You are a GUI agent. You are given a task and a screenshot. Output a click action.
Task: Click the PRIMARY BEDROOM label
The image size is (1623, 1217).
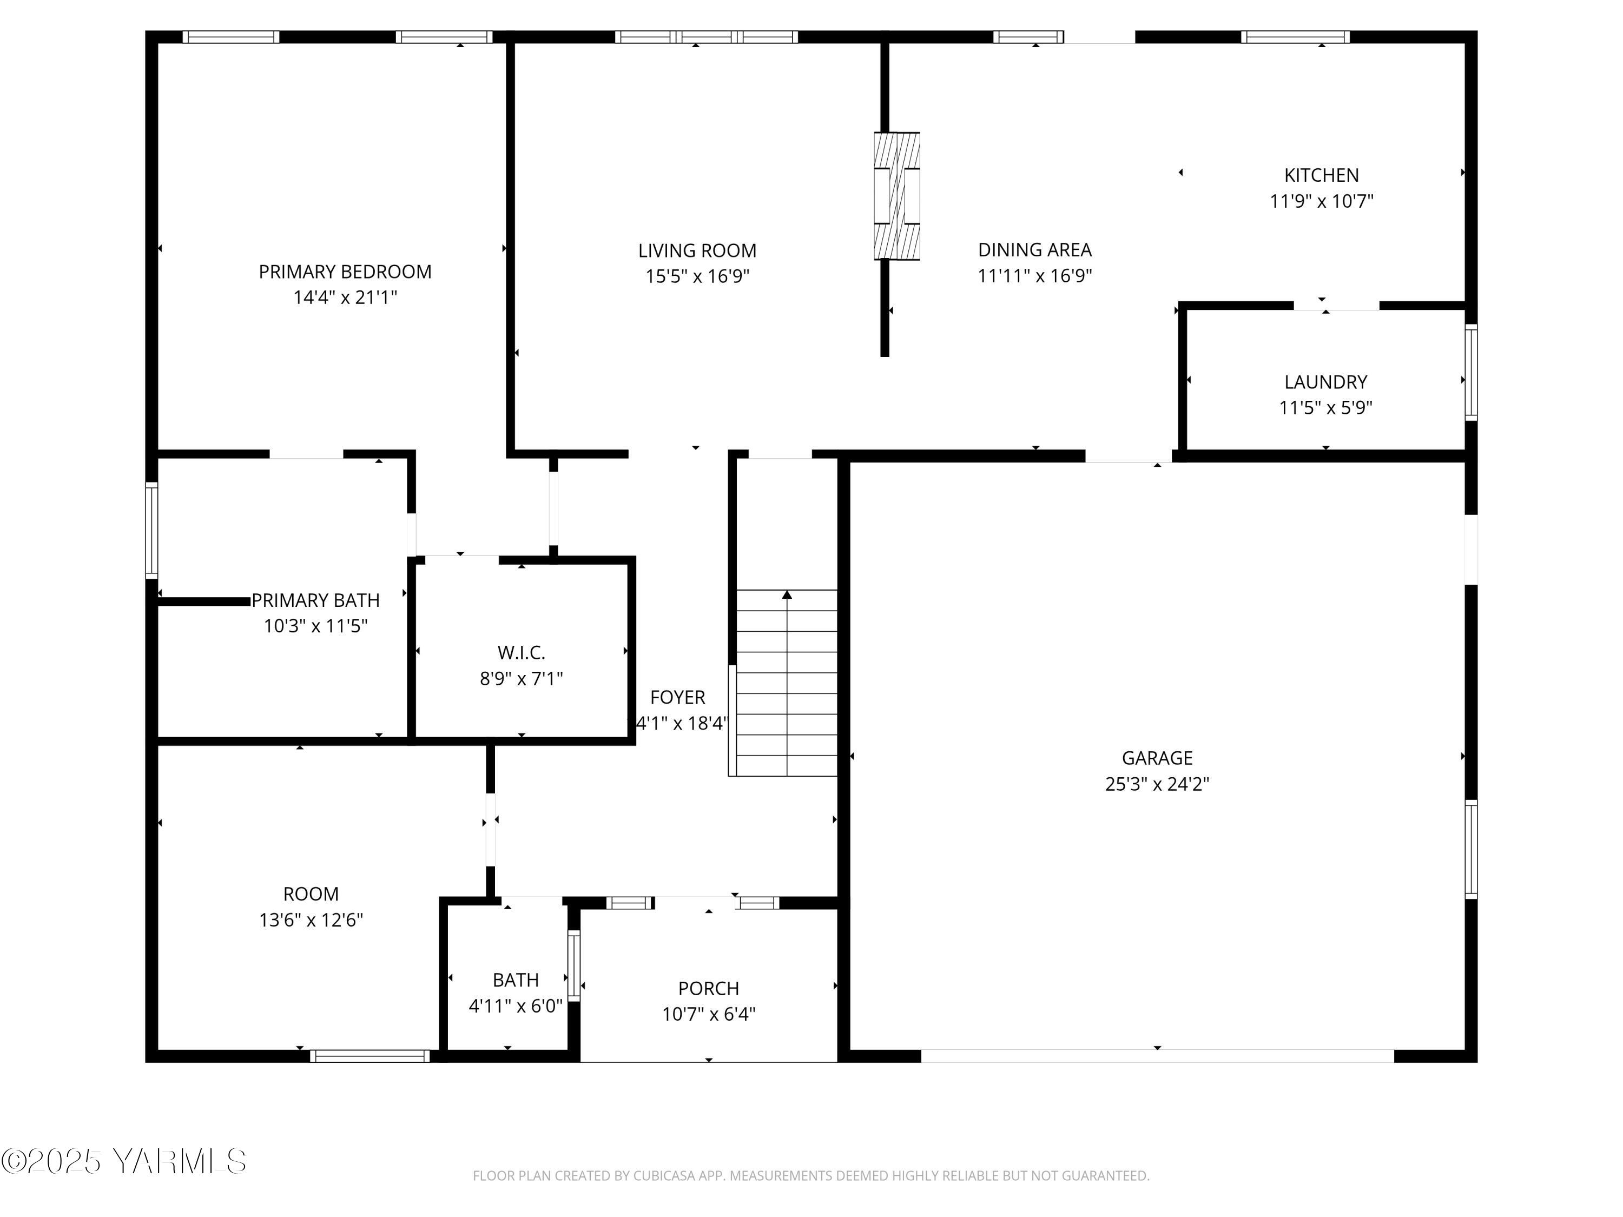pyautogui.click(x=345, y=272)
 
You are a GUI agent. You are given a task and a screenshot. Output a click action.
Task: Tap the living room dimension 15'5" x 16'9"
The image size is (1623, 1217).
pyautogui.click(x=697, y=276)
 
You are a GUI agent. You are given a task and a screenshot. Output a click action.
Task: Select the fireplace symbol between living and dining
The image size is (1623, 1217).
pyautogui.click(x=896, y=196)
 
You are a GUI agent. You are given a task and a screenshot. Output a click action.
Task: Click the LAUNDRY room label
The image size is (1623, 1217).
pyautogui.click(x=1325, y=382)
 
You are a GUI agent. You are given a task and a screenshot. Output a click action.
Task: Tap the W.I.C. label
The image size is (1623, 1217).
pyautogui.click(x=521, y=652)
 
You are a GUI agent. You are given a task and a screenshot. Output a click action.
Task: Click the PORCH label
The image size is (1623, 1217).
pyautogui.click(x=708, y=988)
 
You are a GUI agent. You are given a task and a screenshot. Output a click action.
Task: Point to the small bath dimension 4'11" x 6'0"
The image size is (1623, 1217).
pyautogui.click(x=516, y=1006)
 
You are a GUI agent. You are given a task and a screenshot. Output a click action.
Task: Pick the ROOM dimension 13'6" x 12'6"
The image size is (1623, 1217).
pyautogui.click(x=311, y=920)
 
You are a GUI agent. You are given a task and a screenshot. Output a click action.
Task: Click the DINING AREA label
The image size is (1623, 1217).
pyautogui.click(x=1034, y=250)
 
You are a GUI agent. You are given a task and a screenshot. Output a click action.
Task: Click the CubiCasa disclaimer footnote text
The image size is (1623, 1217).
pyautogui.click(x=811, y=1176)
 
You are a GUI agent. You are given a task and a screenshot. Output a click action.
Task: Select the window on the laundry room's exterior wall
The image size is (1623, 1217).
pyautogui.click(x=1470, y=372)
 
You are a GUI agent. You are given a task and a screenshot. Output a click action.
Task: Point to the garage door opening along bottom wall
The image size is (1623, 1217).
pyautogui.click(x=1157, y=1056)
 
